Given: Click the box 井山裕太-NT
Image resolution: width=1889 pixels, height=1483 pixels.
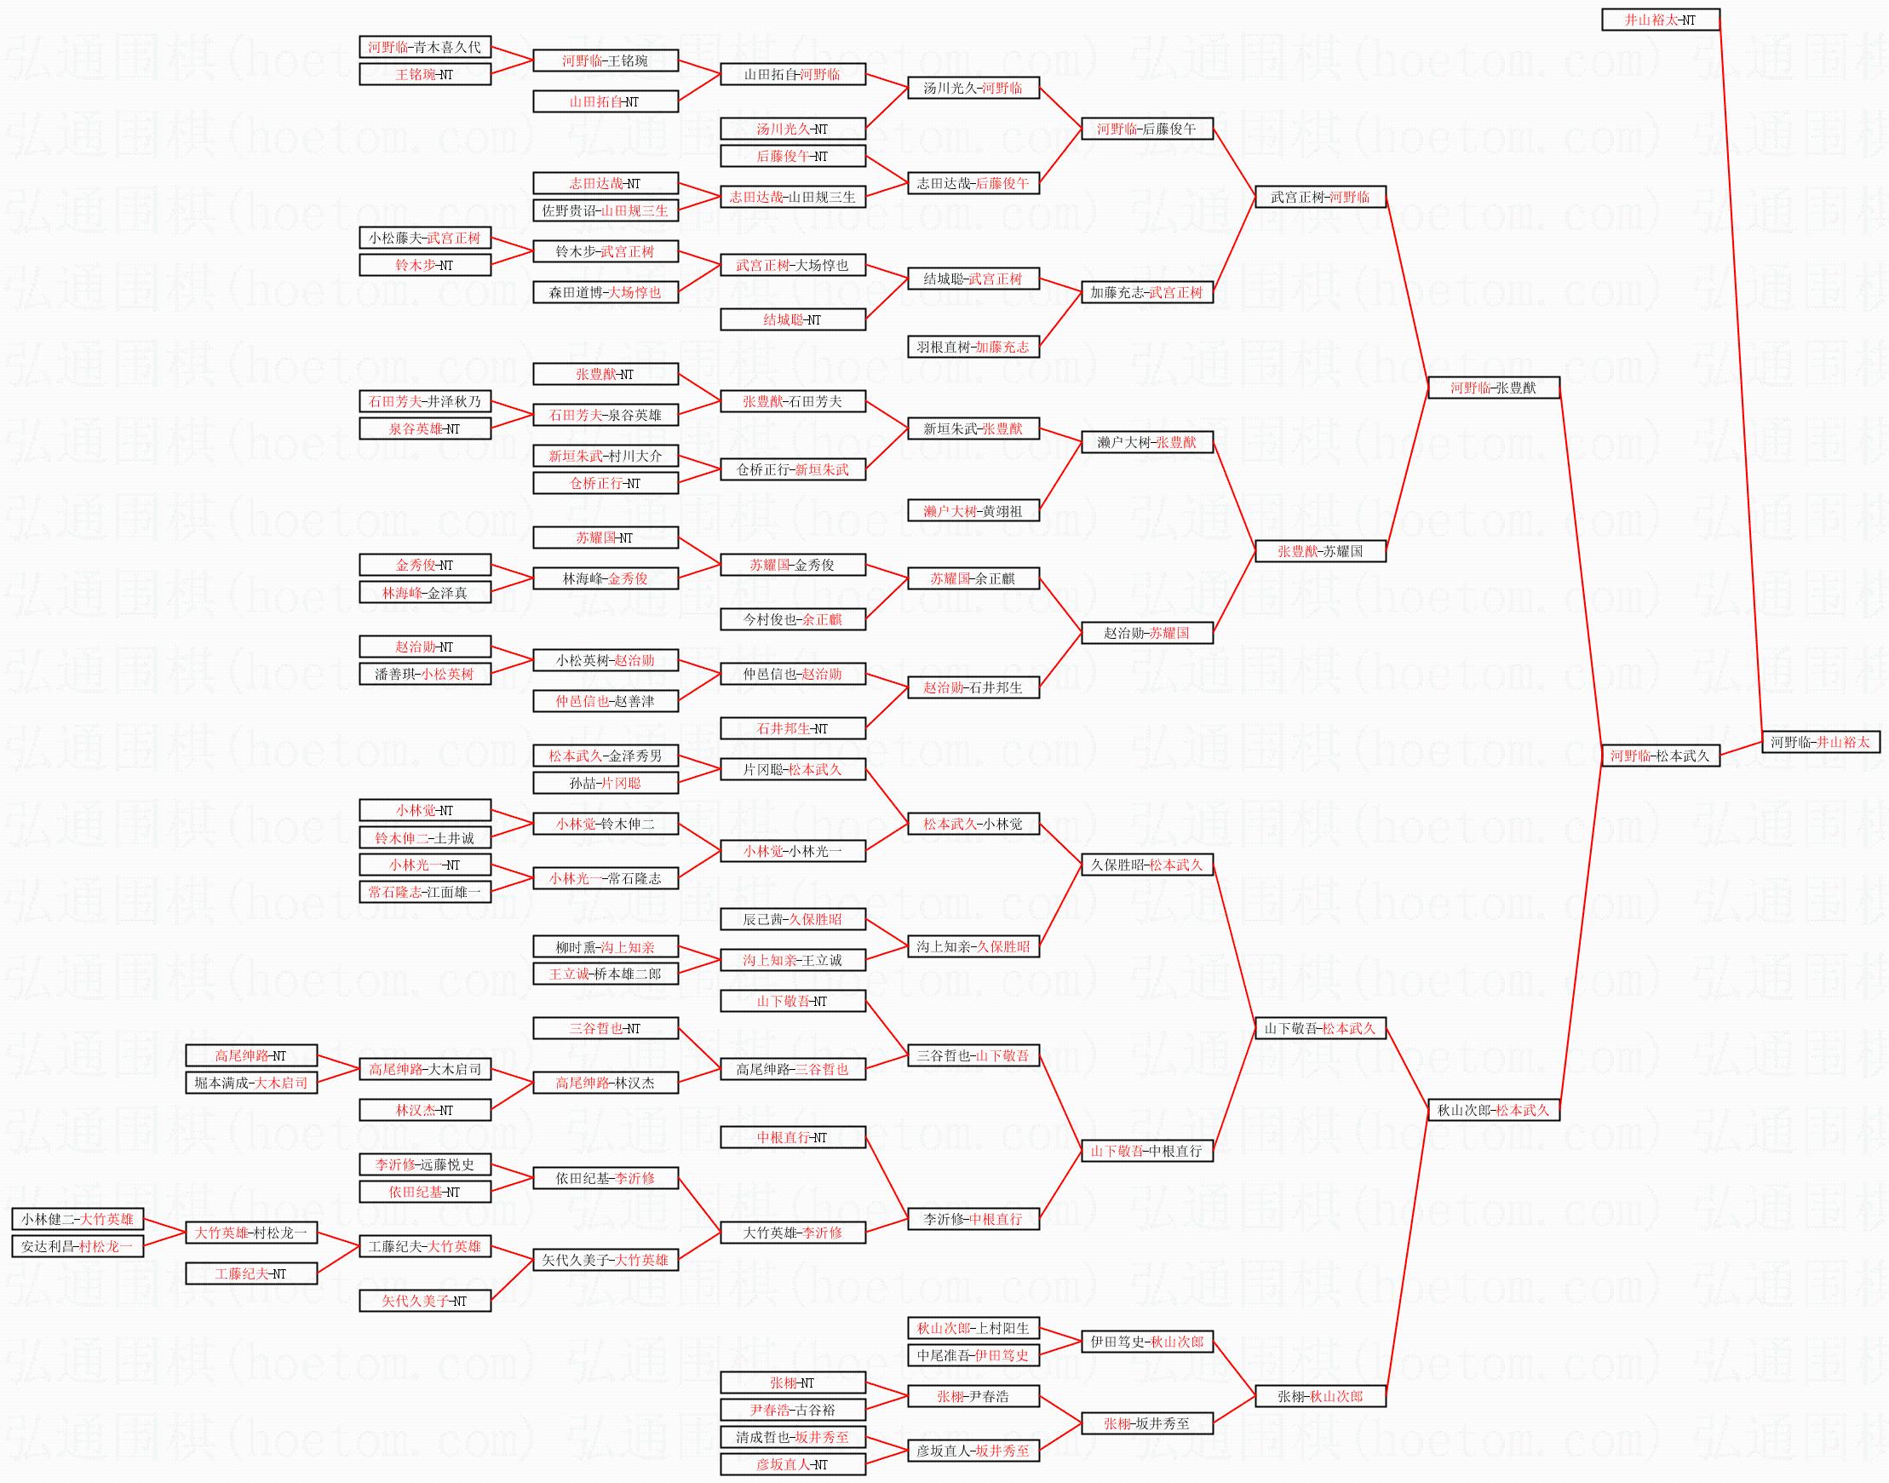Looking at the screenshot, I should pyautogui.click(x=1660, y=19).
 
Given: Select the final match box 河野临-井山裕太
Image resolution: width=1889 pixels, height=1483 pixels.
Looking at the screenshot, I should pyautogui.click(x=1820, y=743).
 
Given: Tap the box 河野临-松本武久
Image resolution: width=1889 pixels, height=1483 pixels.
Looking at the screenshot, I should pyautogui.click(x=1660, y=756).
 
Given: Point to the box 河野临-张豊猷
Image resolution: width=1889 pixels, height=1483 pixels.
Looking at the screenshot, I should pyautogui.click(x=1493, y=388).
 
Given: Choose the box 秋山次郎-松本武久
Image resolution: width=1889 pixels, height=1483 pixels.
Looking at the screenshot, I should pyautogui.click(x=1493, y=1110).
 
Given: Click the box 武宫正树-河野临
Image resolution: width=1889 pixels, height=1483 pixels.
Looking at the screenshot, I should pyautogui.click(x=1319, y=197).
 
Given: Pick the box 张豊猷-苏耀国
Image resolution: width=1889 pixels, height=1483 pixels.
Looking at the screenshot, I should pyautogui.click(x=1319, y=551).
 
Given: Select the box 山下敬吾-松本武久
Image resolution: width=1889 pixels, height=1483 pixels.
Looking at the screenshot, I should pyautogui.click(x=1319, y=1029).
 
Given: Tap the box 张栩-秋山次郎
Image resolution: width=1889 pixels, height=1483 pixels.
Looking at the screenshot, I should pyautogui.click(x=1319, y=1397).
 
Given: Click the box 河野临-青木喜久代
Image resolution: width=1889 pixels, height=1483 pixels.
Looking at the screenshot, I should pyautogui.click(x=424, y=47).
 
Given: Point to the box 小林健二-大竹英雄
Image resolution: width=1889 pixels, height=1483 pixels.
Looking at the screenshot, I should pyautogui.click(x=78, y=1219).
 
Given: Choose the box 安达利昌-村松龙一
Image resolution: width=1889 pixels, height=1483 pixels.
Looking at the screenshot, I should pyautogui.click(x=78, y=1247).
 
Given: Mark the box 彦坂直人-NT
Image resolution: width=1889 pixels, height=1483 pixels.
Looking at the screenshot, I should pyautogui.click(x=793, y=1465).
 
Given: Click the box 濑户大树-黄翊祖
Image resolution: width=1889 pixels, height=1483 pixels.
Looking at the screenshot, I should pyautogui.click(x=973, y=511).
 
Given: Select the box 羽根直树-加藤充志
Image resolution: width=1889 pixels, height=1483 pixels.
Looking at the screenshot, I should pyautogui.click(x=973, y=348).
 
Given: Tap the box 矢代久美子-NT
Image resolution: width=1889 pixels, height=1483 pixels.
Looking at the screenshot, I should pyautogui.click(x=424, y=1301).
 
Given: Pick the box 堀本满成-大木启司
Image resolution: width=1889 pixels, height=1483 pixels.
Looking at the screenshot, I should pyautogui.click(x=251, y=1083).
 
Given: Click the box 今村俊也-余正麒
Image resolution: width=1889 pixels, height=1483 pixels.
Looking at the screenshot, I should pyautogui.click(x=793, y=620).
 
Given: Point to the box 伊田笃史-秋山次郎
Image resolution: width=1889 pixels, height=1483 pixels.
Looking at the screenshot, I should pyautogui.click(x=1146, y=1342).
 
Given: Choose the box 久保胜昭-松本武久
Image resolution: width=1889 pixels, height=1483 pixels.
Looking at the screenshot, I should pyautogui.click(x=1146, y=865).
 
